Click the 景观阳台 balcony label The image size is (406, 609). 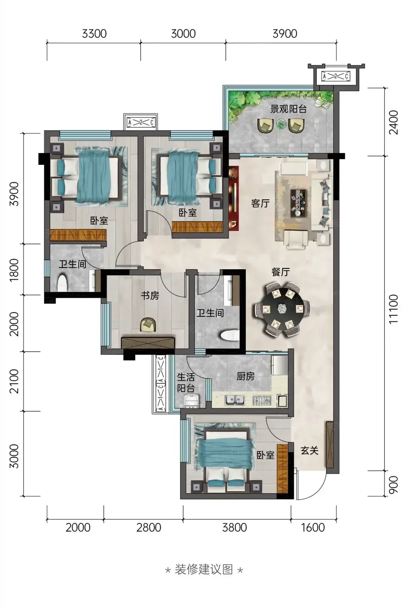click(288, 109)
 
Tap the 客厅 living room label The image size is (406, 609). click(260, 203)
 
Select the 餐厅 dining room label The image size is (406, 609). click(281, 272)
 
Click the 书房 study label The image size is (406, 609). click(150, 295)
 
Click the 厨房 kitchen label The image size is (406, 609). click(245, 376)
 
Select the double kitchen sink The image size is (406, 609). click(235, 400)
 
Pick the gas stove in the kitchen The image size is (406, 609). click(262, 400)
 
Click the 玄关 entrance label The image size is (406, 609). click(309, 451)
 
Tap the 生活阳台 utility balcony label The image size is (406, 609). click(186, 382)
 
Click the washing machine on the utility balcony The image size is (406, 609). click(192, 401)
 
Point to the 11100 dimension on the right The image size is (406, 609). click(393, 309)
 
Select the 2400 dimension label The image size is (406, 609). click(393, 122)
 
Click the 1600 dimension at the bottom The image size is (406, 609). click(313, 527)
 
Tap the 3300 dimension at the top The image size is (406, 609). click(94, 34)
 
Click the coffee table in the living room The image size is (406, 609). click(298, 203)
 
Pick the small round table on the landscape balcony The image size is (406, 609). click(281, 124)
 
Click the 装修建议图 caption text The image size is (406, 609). click(204, 569)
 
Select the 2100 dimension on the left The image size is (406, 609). click(13, 381)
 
